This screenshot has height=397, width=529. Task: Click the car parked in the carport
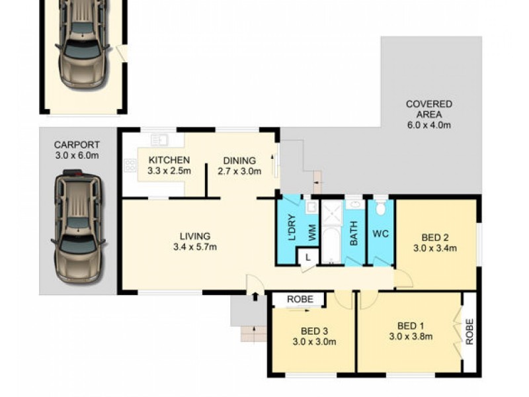tap(77, 225)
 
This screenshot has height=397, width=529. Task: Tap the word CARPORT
tap(76, 145)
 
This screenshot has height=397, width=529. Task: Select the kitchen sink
tap(159, 140)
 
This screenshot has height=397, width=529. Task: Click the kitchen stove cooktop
tap(128, 165)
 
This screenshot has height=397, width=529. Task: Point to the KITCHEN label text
tap(169, 160)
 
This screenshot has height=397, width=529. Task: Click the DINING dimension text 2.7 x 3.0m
tap(239, 171)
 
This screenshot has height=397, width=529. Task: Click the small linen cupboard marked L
tap(307, 256)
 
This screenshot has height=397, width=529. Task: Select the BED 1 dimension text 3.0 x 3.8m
tap(411, 336)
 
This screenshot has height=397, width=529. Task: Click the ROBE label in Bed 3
tap(298, 300)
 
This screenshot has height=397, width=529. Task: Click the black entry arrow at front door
tap(255, 296)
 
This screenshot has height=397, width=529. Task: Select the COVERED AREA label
tap(429, 109)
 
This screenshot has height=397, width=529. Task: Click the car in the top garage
tap(83, 43)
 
